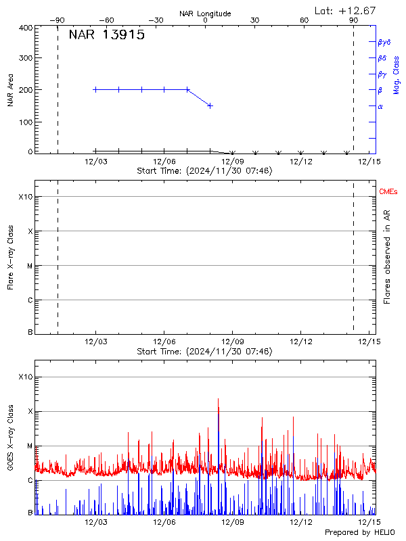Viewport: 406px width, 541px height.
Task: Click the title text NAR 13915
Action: click(x=106, y=36)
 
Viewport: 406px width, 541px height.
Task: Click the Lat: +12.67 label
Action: click(x=346, y=10)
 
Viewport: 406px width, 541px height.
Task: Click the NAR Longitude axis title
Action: click(x=205, y=14)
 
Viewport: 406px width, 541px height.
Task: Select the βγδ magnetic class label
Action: click(x=384, y=42)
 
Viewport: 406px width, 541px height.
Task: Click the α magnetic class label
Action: click(x=380, y=106)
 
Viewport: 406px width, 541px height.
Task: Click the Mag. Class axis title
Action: click(x=397, y=75)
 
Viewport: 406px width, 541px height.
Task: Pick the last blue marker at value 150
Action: click(x=210, y=105)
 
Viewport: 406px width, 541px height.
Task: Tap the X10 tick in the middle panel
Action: click(x=25, y=197)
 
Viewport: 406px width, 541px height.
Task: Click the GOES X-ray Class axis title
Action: click(x=11, y=445)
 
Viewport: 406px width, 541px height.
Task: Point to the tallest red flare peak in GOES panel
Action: click(x=218, y=400)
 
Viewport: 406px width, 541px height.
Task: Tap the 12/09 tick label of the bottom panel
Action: click(x=232, y=522)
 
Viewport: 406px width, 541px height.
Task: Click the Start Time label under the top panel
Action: click(x=204, y=171)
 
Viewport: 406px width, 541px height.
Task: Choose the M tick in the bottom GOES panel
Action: click(x=30, y=446)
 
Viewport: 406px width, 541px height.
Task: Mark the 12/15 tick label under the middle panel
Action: click(x=369, y=342)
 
